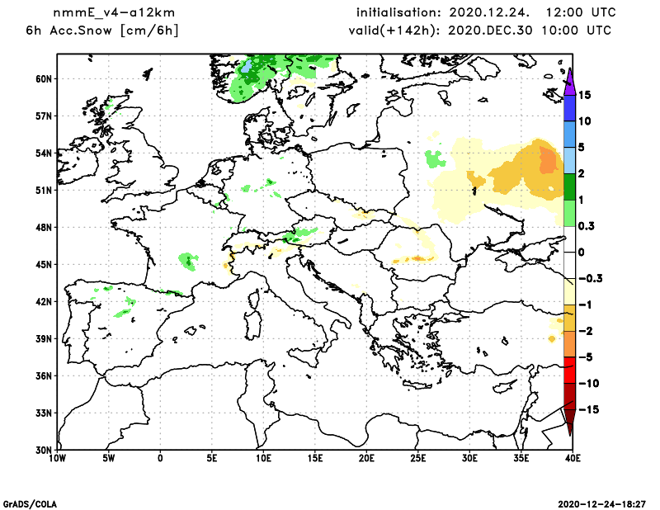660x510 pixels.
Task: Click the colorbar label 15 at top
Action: point(585,95)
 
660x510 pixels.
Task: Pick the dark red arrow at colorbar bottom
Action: point(569,422)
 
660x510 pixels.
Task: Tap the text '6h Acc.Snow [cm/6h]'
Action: point(103,31)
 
